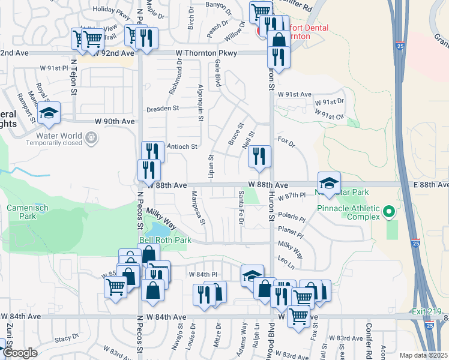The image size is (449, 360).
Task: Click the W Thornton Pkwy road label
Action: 207,53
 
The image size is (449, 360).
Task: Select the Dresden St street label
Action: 163,109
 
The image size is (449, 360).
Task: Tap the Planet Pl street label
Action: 291,229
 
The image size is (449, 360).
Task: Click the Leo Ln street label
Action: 286,259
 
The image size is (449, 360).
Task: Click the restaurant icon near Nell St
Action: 259,156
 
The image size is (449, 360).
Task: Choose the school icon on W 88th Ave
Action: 328,182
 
